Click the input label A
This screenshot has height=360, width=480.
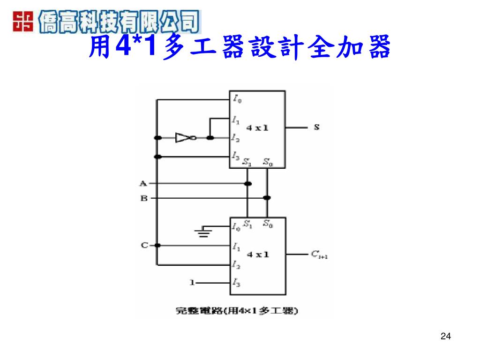click(144, 183)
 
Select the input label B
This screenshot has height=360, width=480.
click(144, 198)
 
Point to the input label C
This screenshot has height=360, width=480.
click(144, 245)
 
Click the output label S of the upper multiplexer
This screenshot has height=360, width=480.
click(317, 127)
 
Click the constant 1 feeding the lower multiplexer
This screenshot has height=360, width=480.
click(191, 282)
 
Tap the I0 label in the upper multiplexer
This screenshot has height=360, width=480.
click(237, 99)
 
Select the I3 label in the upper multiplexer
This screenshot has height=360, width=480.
click(236, 156)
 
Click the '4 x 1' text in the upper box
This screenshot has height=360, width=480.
click(258, 127)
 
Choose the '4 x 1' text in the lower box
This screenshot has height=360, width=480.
click(258, 255)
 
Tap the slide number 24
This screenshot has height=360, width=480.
click(446, 336)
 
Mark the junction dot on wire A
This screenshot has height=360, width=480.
click(248, 183)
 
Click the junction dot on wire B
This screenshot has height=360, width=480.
click(267, 198)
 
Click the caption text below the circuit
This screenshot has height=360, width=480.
click(237, 310)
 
